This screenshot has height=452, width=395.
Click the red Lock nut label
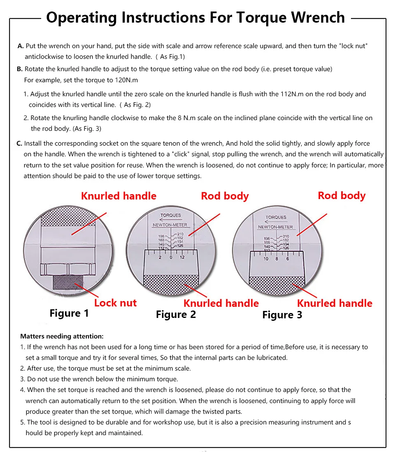coord(115,303)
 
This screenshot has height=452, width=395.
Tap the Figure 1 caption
coord(69,313)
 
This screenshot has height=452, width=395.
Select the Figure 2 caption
coord(176,315)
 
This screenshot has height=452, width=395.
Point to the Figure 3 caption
coord(282,315)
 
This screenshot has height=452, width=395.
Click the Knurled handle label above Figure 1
coord(118,196)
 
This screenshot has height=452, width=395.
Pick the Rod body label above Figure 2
coord(225,196)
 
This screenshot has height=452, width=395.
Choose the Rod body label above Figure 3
coord(342,195)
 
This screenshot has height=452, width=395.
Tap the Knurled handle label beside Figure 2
coord(221,304)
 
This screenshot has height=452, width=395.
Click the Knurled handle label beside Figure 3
coord(335,304)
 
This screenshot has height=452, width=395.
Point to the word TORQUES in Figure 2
coord(170,216)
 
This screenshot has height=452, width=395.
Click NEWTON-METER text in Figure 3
coord(275,227)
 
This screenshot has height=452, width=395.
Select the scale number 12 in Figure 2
coord(182,257)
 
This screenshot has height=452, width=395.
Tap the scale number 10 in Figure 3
coord(266,259)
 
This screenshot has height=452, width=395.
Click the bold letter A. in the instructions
coord(21,46)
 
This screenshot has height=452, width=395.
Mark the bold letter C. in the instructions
coord(19,144)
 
